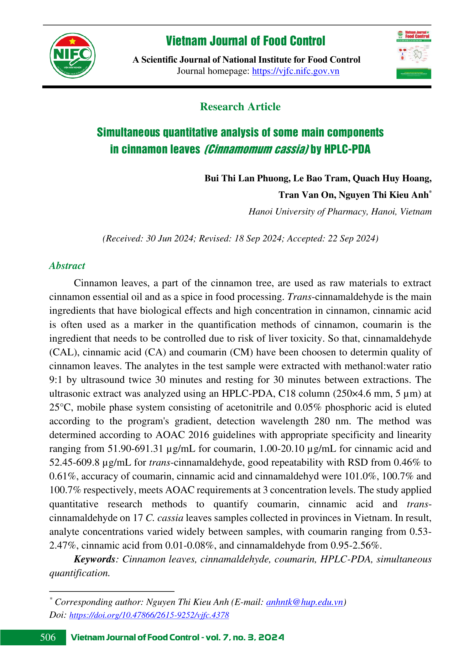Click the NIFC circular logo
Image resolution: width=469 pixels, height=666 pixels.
72,56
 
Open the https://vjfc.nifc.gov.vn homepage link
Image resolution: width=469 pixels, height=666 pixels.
295,71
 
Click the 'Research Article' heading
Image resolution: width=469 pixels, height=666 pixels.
240,107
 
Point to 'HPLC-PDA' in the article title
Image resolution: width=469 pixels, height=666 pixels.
347,149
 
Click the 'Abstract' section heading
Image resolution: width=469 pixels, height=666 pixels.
67,266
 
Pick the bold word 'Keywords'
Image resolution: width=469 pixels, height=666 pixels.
94,559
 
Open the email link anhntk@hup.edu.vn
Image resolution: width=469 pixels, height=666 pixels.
305,602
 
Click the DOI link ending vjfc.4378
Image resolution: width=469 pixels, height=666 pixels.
149,615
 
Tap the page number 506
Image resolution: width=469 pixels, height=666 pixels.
48,637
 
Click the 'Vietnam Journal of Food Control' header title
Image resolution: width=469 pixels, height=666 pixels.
245,41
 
